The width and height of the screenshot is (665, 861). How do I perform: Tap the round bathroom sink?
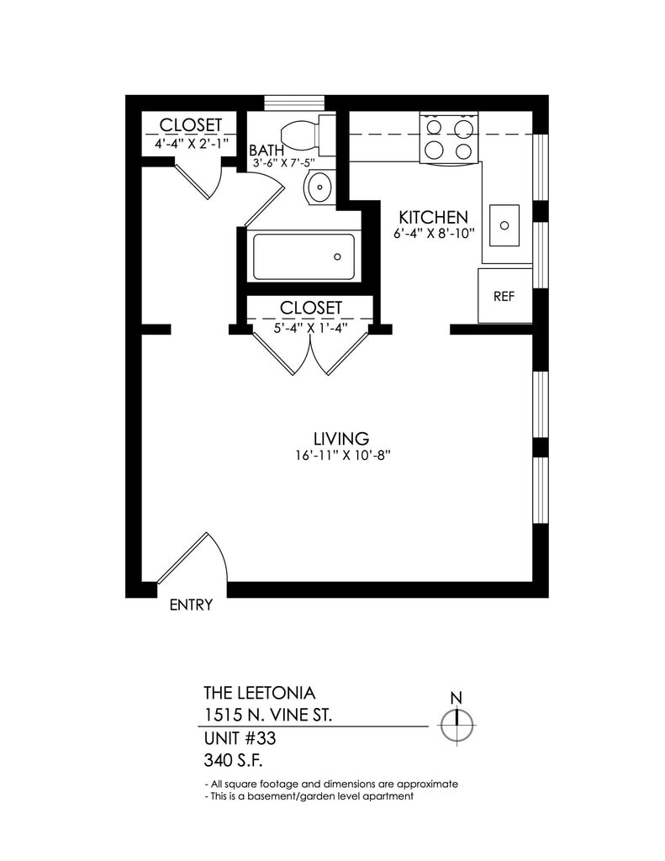pos(319,186)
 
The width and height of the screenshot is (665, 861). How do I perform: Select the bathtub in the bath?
pos(303,257)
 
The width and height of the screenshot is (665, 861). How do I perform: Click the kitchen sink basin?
pos(504,225)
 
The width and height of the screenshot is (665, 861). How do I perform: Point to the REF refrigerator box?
pos(504,296)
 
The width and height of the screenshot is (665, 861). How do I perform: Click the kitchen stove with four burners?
pos(449,139)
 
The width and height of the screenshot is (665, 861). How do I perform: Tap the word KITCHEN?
pos(433,216)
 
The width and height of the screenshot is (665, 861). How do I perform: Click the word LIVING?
pos(340,438)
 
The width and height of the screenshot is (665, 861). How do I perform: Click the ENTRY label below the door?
pos(191,605)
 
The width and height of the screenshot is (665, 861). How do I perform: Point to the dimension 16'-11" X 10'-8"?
pos(340,457)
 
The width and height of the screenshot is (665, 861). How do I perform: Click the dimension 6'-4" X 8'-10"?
pos(435,233)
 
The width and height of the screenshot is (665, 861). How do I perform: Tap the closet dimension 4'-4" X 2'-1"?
pos(191,144)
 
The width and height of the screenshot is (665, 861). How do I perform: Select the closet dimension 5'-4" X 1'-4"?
pos(310,327)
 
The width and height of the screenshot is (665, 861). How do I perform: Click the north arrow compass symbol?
pos(457,721)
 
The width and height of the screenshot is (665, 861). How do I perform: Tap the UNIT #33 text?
pos(240,740)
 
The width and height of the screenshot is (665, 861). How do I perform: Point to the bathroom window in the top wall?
pos(294,103)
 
